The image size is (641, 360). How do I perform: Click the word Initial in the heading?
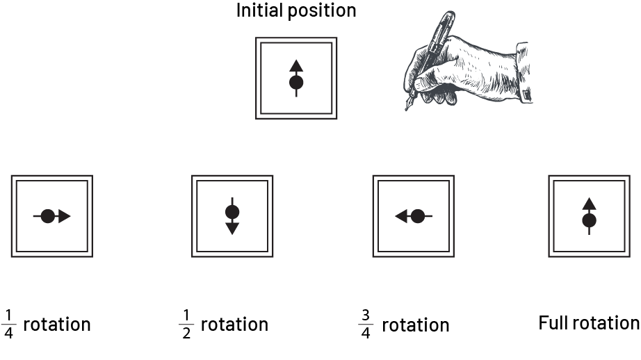click(x=260, y=10)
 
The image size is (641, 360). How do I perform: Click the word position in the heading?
click(x=322, y=11)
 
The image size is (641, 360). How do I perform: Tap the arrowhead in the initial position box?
click(x=296, y=66)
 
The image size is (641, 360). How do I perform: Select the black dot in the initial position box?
click(x=296, y=83)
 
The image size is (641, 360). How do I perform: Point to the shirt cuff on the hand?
click(x=524, y=72)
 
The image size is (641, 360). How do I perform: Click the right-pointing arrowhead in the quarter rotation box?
click(x=65, y=216)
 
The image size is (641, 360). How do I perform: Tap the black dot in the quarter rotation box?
click(x=48, y=216)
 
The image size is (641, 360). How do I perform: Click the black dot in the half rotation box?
click(x=232, y=212)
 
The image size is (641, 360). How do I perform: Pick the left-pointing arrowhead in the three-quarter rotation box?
click(x=401, y=216)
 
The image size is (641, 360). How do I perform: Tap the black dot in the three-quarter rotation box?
click(x=417, y=216)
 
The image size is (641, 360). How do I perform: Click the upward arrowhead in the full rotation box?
click(x=589, y=204)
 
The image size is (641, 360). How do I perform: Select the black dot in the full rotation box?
click(x=589, y=221)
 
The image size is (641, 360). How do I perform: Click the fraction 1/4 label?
click(x=8, y=325)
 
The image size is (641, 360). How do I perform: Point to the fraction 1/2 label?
click(x=186, y=325)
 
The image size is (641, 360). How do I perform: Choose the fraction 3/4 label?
click(x=366, y=325)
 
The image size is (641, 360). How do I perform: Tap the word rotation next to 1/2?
click(x=235, y=325)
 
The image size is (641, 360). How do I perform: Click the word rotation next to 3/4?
click(x=416, y=325)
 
